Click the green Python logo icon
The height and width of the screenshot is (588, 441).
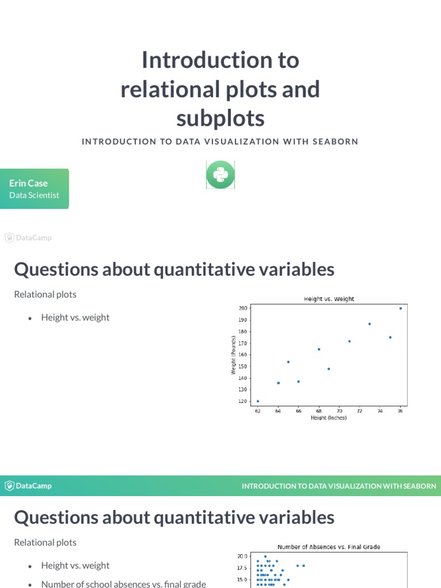coord(220,175)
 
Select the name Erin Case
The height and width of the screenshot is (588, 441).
coord(28,183)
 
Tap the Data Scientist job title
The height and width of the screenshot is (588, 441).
coord(34,195)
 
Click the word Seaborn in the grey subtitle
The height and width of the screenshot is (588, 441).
coord(335,141)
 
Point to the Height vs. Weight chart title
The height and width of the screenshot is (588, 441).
coord(328,299)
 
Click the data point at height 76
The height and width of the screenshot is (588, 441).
coord(400,308)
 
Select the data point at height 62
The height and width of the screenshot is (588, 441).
coord(258,401)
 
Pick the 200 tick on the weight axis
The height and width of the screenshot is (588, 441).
coord(243,308)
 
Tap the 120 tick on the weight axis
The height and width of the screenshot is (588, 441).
coord(243,401)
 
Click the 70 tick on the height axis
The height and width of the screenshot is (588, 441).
coord(339,411)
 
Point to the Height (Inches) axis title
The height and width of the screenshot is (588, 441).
coord(328,418)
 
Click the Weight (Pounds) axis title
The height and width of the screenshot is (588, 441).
coord(233,355)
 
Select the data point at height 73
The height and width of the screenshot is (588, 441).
coord(369,324)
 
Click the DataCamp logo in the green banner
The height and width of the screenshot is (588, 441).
coord(29,486)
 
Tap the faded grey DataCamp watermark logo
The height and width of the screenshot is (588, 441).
coord(29,238)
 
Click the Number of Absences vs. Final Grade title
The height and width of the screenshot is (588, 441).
coord(328,547)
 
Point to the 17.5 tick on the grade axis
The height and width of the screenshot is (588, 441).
coord(242,568)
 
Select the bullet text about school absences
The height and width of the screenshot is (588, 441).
coord(123,584)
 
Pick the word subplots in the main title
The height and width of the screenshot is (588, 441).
coord(220,118)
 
